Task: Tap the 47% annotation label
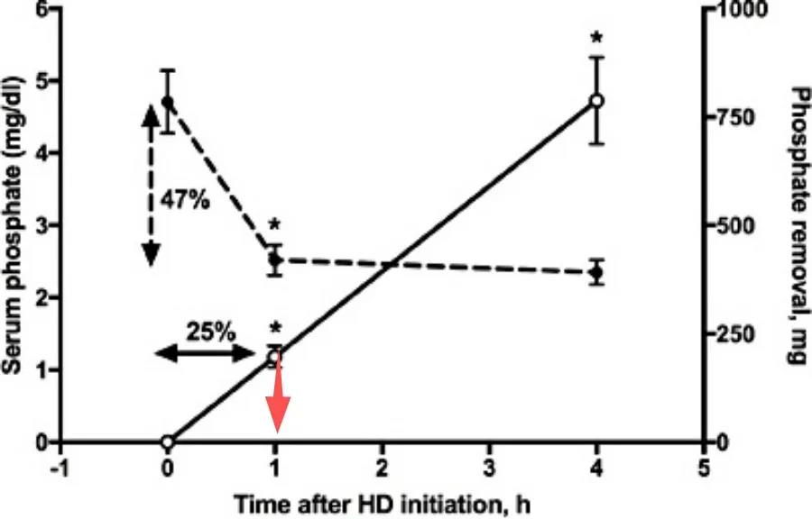[184, 200]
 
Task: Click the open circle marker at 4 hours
[595, 100]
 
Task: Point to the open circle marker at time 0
[167, 442]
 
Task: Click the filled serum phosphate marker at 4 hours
[595, 271]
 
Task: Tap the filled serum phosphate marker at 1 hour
[276, 259]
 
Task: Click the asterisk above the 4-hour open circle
[595, 39]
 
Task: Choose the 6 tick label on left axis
[42, 10]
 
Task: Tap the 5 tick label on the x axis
[704, 469]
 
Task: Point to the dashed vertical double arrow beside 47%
[151, 184]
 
